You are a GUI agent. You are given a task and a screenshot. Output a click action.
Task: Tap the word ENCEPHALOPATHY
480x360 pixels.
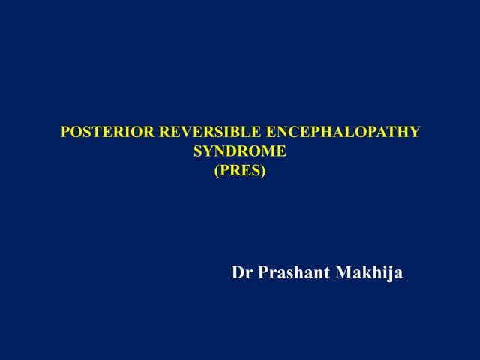click(x=340, y=133)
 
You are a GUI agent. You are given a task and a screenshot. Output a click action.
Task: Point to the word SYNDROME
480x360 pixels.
click(x=240, y=152)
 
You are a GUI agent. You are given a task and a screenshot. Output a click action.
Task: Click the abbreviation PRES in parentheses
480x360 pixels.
click(x=240, y=170)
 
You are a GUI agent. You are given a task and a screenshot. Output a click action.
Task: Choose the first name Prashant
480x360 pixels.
click(x=292, y=273)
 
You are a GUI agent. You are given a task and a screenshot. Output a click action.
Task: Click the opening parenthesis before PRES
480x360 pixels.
click(x=217, y=170)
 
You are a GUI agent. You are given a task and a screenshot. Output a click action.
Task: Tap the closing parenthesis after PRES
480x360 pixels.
click(x=263, y=170)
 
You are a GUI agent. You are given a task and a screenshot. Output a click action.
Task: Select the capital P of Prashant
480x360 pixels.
click(x=263, y=273)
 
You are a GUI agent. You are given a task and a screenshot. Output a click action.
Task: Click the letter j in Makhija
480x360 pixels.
click(x=391, y=274)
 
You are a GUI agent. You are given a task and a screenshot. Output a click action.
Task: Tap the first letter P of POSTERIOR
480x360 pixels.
click(x=64, y=133)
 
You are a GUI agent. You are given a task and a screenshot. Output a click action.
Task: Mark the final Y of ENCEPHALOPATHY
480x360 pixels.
click(x=415, y=133)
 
